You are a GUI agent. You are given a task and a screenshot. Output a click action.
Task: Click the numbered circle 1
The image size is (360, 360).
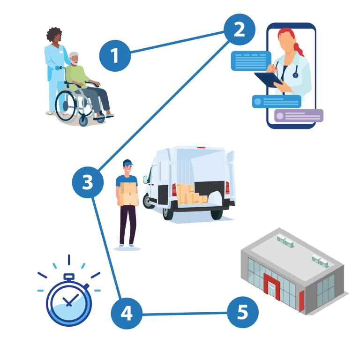click(x=115, y=56)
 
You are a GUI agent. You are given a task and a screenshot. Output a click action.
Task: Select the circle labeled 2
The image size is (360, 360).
click(x=240, y=30)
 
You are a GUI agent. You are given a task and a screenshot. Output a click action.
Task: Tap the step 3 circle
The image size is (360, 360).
click(x=88, y=182)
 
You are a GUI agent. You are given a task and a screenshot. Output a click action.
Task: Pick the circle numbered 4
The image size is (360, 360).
click(x=127, y=314)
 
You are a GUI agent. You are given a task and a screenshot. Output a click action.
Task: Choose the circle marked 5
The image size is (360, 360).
click(x=243, y=312)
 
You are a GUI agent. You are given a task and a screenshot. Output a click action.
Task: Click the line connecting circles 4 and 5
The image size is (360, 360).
click(x=185, y=314)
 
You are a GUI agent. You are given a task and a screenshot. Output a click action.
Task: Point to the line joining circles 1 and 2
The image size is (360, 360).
click(x=177, y=42)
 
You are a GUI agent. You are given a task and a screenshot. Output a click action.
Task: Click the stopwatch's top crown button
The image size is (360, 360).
click(x=69, y=277)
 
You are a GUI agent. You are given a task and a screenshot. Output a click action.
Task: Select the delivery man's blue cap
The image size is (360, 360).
click(x=127, y=163)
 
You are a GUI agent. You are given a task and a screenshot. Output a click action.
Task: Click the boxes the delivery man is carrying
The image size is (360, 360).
click(x=129, y=194)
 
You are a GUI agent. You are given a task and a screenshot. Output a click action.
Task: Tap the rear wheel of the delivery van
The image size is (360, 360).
click(x=217, y=214)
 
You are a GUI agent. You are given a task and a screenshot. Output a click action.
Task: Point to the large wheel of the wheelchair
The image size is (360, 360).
click(x=66, y=105)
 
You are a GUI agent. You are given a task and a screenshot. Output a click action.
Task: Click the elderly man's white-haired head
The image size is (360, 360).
click(x=74, y=59)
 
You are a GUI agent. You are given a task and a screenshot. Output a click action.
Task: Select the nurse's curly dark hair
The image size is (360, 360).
click(x=54, y=34)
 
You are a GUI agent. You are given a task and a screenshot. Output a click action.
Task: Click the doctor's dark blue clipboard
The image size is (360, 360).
click(x=269, y=79)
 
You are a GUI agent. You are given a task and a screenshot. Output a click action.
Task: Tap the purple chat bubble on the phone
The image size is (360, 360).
click(x=299, y=115)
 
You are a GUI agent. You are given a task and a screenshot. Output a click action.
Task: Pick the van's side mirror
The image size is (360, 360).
click(x=145, y=180)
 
